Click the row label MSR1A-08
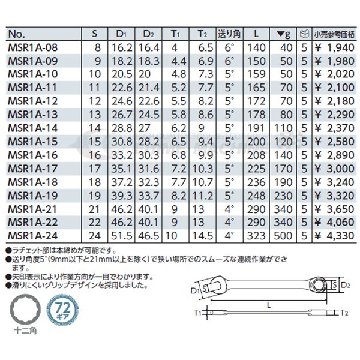(x=32, y=48)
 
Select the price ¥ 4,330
(x=335, y=236)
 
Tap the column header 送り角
(x=229, y=34)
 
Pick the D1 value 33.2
(x=122, y=155)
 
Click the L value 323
(x=256, y=236)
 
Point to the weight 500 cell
(x=283, y=236)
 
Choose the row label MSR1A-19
(x=32, y=196)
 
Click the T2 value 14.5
(x=203, y=236)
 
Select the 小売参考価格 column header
(x=334, y=34)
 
